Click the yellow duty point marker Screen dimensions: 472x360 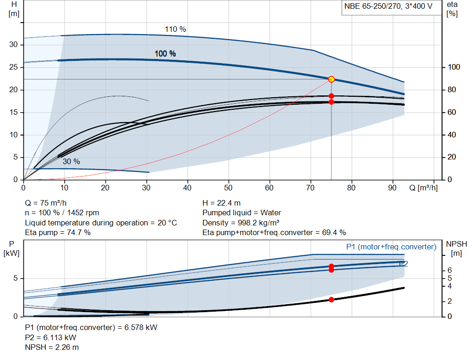(x=331, y=79)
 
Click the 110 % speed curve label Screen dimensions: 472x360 (x=175, y=29)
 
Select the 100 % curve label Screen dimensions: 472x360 (x=165, y=53)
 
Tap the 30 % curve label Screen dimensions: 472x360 (x=71, y=162)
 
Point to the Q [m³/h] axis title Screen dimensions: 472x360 (x=424, y=188)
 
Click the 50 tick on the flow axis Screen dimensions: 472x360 (x=228, y=188)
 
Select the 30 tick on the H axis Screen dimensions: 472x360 (x=13, y=45)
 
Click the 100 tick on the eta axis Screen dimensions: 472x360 (x=454, y=67)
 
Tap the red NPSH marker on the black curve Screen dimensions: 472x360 (x=331, y=300)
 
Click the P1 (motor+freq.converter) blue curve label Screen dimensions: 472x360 (x=391, y=247)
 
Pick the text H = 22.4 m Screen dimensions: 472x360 (x=222, y=203)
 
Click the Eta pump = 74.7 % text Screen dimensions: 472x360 (x=58, y=233)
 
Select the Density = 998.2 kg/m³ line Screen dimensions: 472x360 (x=241, y=223)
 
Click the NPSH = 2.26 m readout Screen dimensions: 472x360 (x=52, y=348)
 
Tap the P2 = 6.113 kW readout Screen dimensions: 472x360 (x=51, y=337)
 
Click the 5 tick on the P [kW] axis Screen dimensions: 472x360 (x=16, y=278)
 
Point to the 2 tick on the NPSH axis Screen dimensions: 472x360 (x=449, y=301)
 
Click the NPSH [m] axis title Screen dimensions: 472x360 (x=456, y=248)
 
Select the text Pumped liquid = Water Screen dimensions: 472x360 (x=242, y=213)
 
